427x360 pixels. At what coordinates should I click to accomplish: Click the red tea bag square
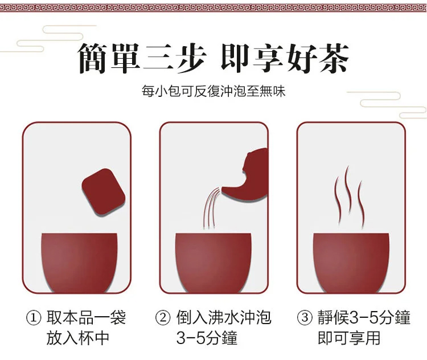point(104,191)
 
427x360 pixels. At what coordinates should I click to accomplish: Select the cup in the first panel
point(79,263)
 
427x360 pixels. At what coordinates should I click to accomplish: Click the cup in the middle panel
point(213,263)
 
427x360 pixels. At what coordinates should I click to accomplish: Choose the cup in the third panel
point(351,263)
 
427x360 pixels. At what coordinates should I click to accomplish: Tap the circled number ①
point(34,318)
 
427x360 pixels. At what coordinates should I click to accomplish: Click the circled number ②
point(163,318)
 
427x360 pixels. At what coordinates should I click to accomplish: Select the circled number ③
point(305,318)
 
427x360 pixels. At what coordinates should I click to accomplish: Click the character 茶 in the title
point(334,58)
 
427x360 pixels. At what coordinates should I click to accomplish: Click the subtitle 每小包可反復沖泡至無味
point(213,91)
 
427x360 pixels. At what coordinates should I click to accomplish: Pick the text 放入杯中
point(78,338)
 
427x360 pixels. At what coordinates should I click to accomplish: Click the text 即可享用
point(349,338)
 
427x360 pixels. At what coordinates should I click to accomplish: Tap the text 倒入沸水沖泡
point(224,317)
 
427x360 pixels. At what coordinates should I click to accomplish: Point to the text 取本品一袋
point(86,317)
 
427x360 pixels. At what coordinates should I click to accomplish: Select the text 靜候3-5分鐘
point(364,317)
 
